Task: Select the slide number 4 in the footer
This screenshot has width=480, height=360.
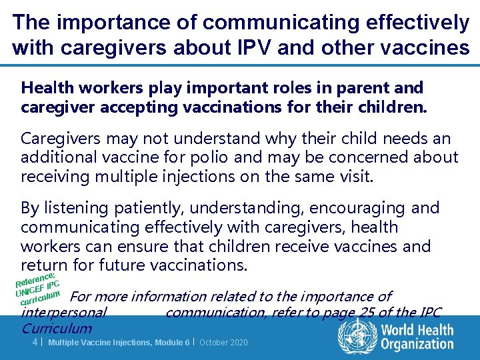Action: click(x=35, y=342)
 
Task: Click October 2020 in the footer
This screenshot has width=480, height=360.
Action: click(x=224, y=342)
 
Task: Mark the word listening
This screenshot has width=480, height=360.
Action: click(x=73, y=208)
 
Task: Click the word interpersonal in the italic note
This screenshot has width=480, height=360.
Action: click(x=63, y=313)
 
